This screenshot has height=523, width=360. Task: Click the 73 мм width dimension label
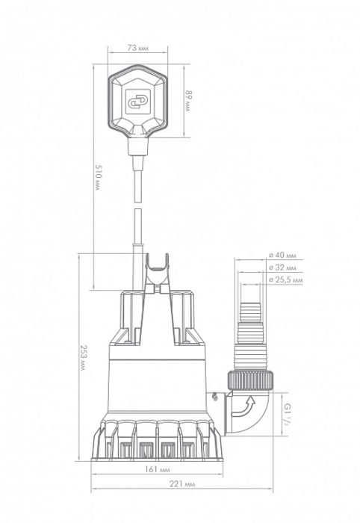click(138, 48)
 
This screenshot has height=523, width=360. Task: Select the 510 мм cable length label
click(97, 177)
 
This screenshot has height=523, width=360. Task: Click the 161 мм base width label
click(158, 470)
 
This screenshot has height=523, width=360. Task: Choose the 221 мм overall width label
click(182, 484)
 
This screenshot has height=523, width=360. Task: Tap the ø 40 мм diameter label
click(282, 256)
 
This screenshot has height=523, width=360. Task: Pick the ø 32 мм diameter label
click(282, 267)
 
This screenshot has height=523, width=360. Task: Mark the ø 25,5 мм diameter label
click(285, 280)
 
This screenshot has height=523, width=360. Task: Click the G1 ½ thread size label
click(286, 414)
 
